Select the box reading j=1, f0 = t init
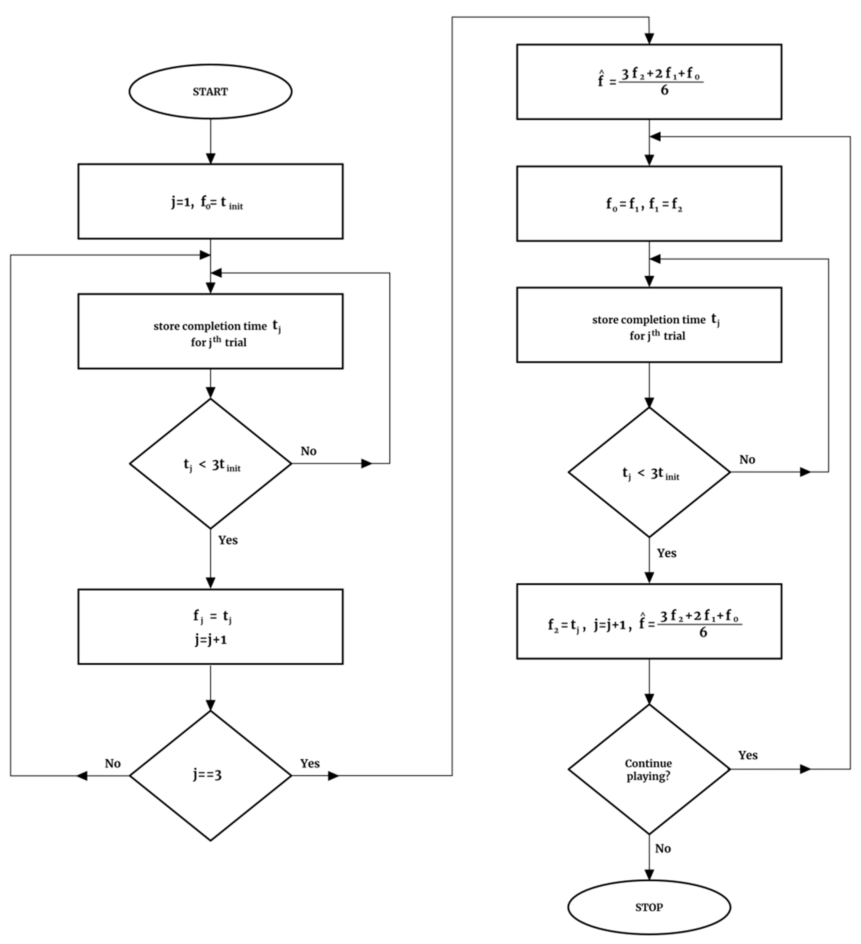point(210,201)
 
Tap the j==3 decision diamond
point(210,776)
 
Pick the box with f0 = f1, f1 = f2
point(649,204)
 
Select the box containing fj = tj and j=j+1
point(210,627)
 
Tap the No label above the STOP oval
point(662,848)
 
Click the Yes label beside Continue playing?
point(748,755)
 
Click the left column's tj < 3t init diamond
point(210,464)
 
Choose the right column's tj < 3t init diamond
point(649,472)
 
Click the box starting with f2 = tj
point(649,621)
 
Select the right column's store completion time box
point(649,325)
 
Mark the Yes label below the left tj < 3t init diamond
point(228,540)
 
